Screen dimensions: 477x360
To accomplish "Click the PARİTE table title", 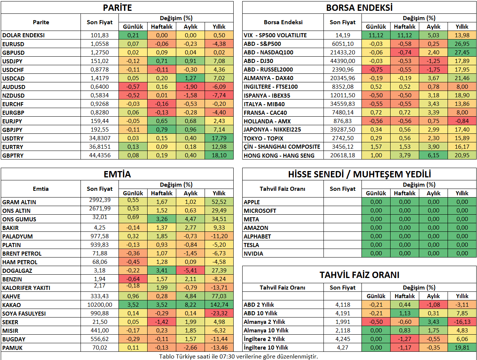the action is click(117, 8).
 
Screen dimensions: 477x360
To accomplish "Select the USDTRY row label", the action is click(13, 138).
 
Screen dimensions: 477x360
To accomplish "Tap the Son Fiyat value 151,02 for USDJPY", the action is click(99, 61).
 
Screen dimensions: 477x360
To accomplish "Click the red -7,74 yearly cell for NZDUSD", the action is click(219, 95).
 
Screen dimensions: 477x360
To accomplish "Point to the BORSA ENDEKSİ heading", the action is click(359, 8).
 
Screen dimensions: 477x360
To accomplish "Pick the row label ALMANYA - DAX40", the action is click(268, 78).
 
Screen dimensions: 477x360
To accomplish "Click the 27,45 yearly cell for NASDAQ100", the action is click(462, 52).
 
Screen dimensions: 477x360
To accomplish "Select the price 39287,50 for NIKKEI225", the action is click(342, 130).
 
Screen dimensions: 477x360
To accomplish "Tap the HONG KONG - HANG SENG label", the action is click(279, 155).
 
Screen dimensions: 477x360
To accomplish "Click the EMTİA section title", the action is click(117, 174).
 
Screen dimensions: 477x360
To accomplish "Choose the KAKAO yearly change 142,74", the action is click(219, 305).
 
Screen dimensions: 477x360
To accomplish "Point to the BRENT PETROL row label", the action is click(22, 253).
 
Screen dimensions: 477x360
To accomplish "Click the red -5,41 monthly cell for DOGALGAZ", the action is click(190, 271).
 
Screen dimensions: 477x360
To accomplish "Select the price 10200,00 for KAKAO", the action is click(99, 305).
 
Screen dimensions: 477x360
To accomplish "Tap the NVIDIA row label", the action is click(253, 253).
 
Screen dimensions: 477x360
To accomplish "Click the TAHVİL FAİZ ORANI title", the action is click(359, 275).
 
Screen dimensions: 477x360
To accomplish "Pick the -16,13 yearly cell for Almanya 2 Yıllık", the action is click(462, 322).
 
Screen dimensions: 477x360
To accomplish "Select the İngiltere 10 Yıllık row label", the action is click(266, 348).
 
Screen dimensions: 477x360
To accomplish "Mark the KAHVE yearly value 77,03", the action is click(219, 296).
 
